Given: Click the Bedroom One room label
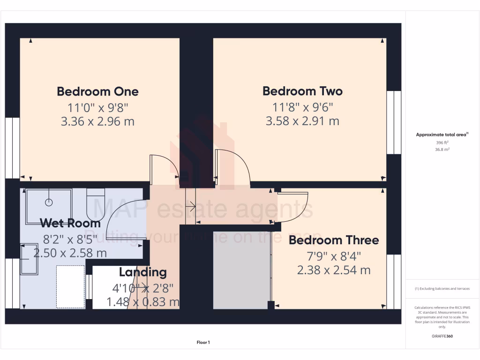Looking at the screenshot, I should (97, 91).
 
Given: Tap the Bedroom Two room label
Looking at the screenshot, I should (302, 91).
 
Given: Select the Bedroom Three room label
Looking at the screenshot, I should (333, 240).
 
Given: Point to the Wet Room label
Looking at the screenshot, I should (70, 223).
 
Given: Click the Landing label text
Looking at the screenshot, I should (142, 272).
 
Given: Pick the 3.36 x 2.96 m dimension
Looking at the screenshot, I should (97, 121).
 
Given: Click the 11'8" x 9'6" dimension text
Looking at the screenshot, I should (302, 106).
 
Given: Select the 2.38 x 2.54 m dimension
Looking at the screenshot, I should (333, 270).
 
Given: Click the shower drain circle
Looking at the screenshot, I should (48, 202).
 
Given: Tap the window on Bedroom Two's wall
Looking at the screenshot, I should (393, 122).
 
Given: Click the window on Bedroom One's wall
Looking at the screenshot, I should (13, 148).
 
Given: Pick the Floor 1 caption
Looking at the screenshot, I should (203, 343).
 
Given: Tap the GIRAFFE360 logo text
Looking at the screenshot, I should (442, 336).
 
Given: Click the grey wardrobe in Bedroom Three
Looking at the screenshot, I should (241, 270).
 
